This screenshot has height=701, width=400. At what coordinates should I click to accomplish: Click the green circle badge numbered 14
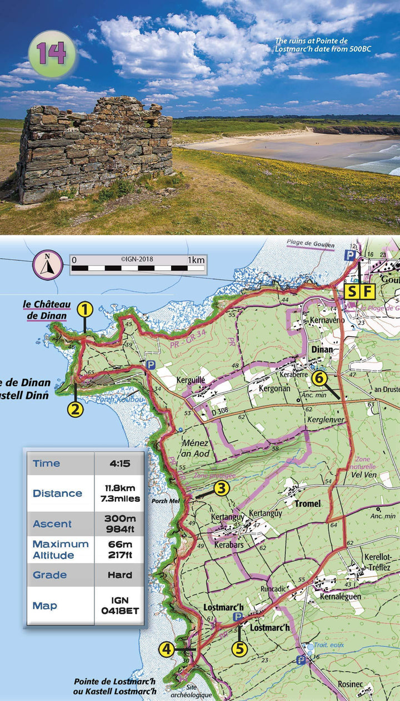[52, 54]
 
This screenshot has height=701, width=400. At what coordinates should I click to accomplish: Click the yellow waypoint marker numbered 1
[84, 310]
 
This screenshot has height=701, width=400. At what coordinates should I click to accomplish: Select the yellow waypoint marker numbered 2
[75, 410]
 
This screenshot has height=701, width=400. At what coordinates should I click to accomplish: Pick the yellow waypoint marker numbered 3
[221, 488]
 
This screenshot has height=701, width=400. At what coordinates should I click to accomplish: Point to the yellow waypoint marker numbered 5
[239, 649]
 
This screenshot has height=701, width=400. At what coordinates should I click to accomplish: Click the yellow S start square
[352, 291]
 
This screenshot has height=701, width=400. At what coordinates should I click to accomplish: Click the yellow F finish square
[369, 291]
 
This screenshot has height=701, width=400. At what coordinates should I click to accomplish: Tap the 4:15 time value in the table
[119, 463]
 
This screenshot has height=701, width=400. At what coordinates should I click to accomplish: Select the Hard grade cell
[119, 575]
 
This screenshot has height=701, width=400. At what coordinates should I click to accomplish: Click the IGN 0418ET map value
[119, 606]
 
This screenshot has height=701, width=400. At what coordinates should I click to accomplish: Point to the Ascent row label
[52, 524]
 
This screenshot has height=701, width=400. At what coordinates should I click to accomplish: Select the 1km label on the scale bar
[196, 259]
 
